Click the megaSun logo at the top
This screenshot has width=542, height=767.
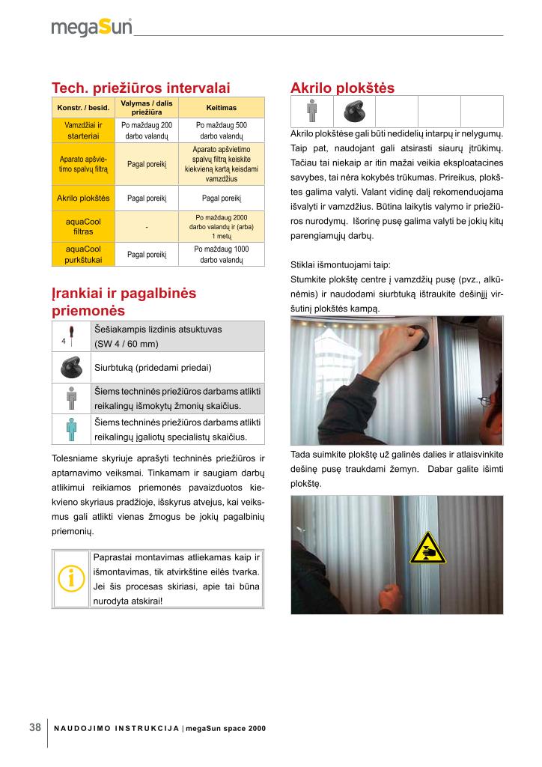tap(91, 28)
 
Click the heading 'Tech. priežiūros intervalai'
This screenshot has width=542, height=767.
tap(140, 88)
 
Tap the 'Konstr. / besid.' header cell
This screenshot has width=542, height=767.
tap(83, 107)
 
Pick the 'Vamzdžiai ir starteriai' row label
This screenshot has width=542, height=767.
tap(83, 131)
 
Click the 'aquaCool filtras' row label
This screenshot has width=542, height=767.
tap(83, 227)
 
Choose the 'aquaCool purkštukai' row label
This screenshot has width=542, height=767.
tap(83, 255)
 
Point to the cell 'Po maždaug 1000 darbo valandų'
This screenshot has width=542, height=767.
tap(222, 255)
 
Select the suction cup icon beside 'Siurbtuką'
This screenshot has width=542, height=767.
tap(72, 367)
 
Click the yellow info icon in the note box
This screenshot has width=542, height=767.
tap(72, 578)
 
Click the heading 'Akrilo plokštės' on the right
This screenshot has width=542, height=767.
tap(342, 88)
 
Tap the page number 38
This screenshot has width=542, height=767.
tap(34, 727)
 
